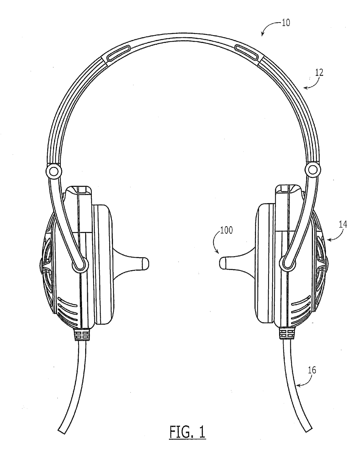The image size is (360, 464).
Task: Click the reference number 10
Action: pyautogui.click(x=286, y=24)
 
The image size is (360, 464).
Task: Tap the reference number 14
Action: pyautogui.click(x=342, y=224)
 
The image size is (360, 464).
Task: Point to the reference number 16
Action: pyautogui.click(x=312, y=370)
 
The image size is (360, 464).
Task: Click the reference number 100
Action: pyautogui.click(x=226, y=231)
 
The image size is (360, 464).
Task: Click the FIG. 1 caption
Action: pyautogui.click(x=187, y=432)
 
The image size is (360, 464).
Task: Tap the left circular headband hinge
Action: pyautogui.click(x=54, y=171)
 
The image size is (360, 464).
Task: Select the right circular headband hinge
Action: pyautogui.click(x=312, y=170)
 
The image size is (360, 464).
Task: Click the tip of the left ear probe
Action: pyautogui.click(x=145, y=263)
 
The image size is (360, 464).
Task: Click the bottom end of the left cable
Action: pyautogui.click(x=62, y=429)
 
